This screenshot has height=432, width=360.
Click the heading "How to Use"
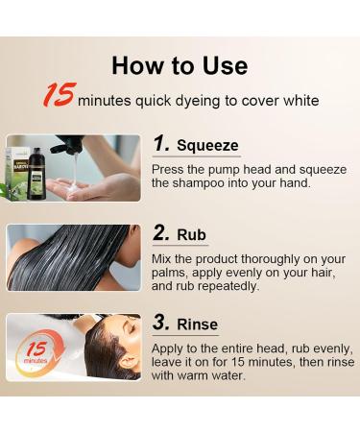(x=180, y=65)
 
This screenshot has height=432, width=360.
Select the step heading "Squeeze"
(x=207, y=145)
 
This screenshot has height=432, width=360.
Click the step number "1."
(x=160, y=144)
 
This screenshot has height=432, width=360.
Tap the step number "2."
(x=161, y=234)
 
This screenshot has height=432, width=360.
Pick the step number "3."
(x=161, y=324)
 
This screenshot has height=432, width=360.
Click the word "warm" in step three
(x=202, y=377)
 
